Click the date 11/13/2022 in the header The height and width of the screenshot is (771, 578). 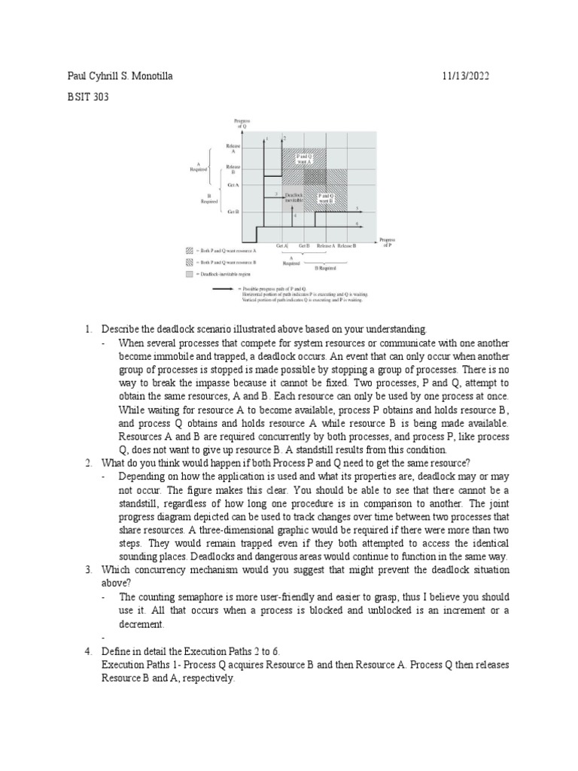click(x=469, y=77)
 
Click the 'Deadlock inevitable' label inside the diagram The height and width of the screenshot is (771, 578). click(x=294, y=197)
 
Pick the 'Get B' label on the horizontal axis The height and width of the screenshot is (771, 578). click(x=304, y=246)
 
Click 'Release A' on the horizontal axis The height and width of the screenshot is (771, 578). click(x=326, y=246)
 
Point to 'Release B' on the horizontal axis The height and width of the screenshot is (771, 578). click(x=347, y=246)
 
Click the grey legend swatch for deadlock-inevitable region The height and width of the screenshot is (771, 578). click(x=190, y=274)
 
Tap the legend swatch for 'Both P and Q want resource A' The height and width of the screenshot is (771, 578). click(x=190, y=250)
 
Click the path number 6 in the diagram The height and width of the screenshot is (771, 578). click(x=356, y=224)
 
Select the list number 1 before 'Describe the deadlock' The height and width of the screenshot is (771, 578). click(x=87, y=330)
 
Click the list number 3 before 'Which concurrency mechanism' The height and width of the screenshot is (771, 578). click(x=87, y=568)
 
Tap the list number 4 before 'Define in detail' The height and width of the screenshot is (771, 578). click(x=87, y=651)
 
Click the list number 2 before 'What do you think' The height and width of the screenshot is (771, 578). click(x=87, y=462)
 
